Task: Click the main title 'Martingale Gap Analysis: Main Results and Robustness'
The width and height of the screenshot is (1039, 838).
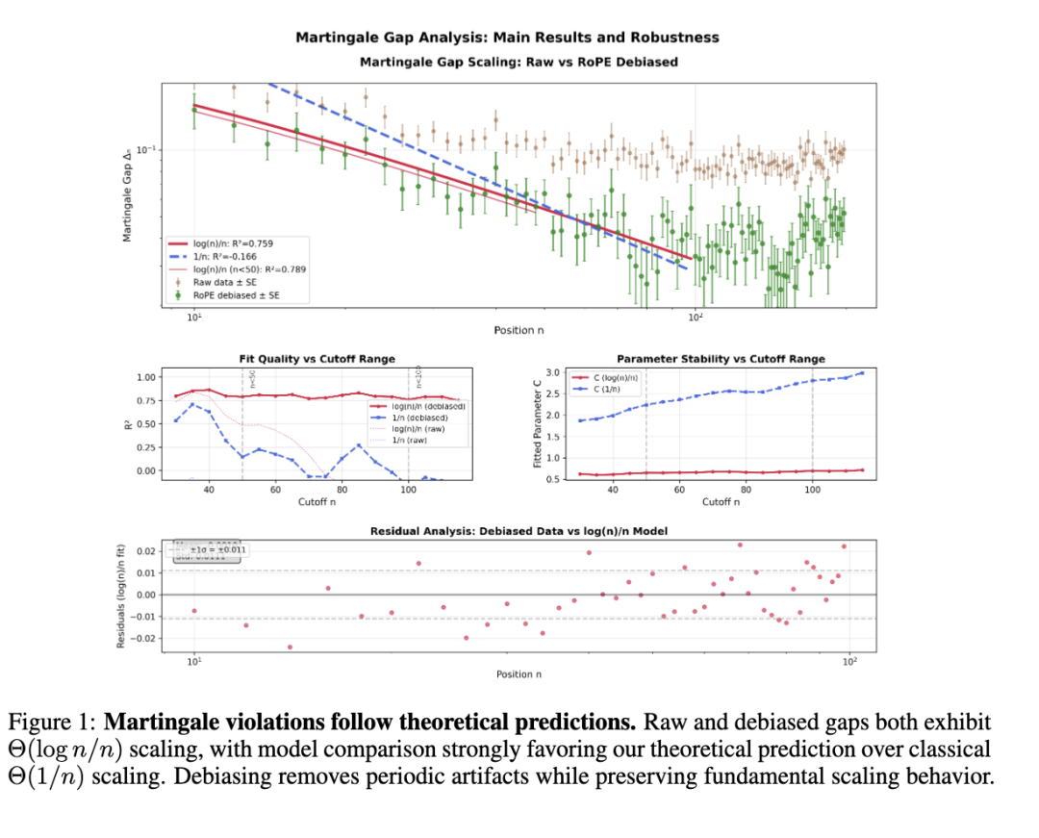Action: pos(507,38)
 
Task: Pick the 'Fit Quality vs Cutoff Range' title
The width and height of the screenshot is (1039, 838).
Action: pos(317,359)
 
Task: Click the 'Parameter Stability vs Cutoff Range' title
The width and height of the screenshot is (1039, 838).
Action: pos(708,359)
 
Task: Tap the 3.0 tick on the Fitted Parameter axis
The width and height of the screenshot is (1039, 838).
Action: pos(552,372)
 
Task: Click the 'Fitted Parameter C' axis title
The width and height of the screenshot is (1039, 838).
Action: pos(538,424)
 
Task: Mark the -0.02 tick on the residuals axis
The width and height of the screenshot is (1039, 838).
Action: pos(141,639)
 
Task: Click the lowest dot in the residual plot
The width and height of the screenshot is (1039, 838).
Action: pos(290,647)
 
